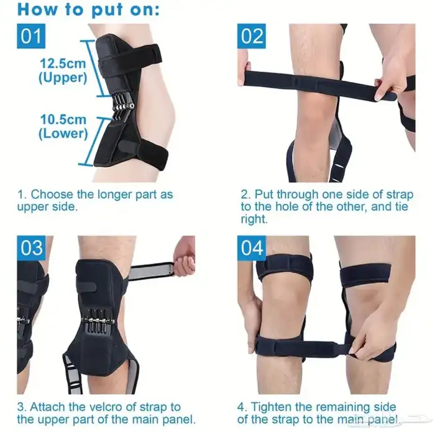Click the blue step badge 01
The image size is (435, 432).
[31, 36]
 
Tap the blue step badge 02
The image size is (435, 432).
[251, 36]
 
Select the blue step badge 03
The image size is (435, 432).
[31, 248]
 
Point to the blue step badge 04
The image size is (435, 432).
[251, 248]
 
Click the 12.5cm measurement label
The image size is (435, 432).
[63, 63]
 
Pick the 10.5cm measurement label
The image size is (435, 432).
[63, 119]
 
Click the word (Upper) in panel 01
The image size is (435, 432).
[63, 78]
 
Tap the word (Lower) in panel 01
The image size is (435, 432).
[63, 134]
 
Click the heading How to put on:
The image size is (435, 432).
[88, 10]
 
